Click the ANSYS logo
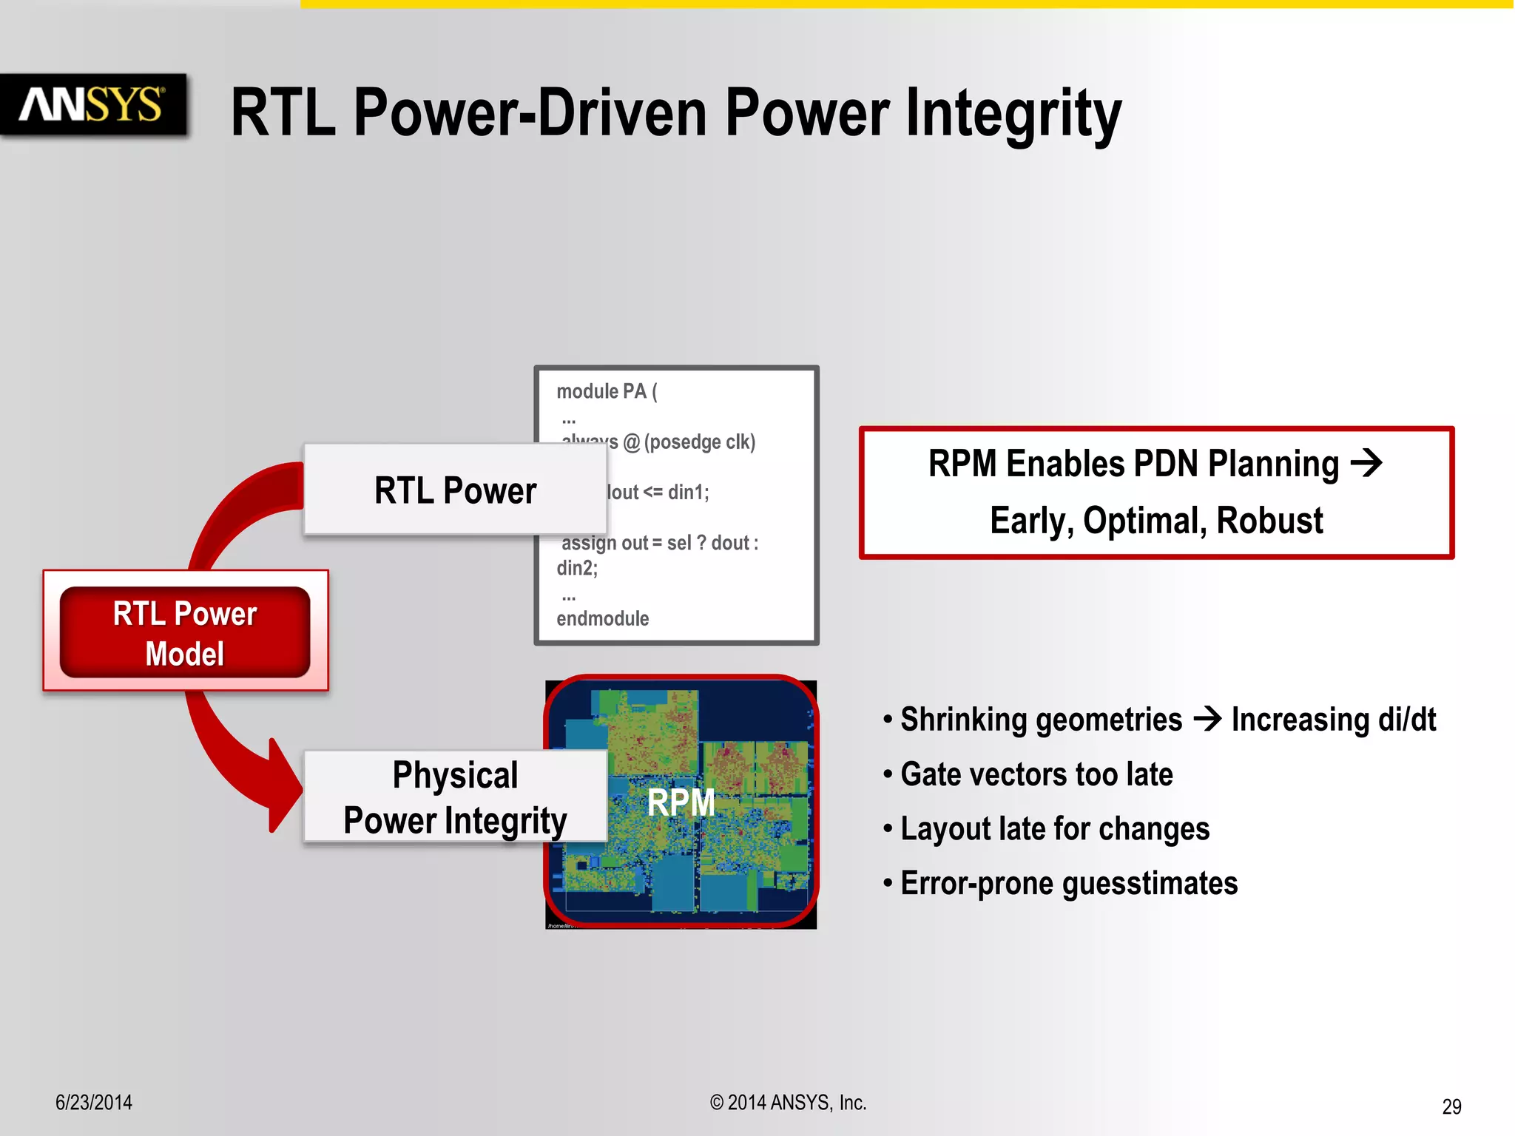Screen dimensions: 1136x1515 coord(92,104)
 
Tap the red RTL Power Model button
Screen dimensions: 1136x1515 coord(185,632)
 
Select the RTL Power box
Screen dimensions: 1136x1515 coord(454,490)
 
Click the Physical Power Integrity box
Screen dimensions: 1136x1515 coord(454,797)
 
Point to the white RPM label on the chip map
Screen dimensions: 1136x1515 coord(681,802)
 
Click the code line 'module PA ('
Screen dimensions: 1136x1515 coord(607,391)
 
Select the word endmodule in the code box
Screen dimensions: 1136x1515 coord(602,618)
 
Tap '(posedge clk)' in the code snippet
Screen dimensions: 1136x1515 coord(700,442)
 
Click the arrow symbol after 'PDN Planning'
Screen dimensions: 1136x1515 coord(1366,464)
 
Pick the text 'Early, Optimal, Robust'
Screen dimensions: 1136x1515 coord(1155,521)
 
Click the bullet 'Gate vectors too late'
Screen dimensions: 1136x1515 coord(1036,774)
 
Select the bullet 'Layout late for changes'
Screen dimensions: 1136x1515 coord(1054,829)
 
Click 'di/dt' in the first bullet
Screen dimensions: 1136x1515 coord(1407,720)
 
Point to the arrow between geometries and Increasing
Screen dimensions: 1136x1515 coord(1207,718)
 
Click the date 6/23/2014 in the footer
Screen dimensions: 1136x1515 coord(94,1103)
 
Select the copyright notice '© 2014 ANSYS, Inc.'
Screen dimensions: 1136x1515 coord(788,1103)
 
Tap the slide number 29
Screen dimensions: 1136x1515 coord(1451,1106)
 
